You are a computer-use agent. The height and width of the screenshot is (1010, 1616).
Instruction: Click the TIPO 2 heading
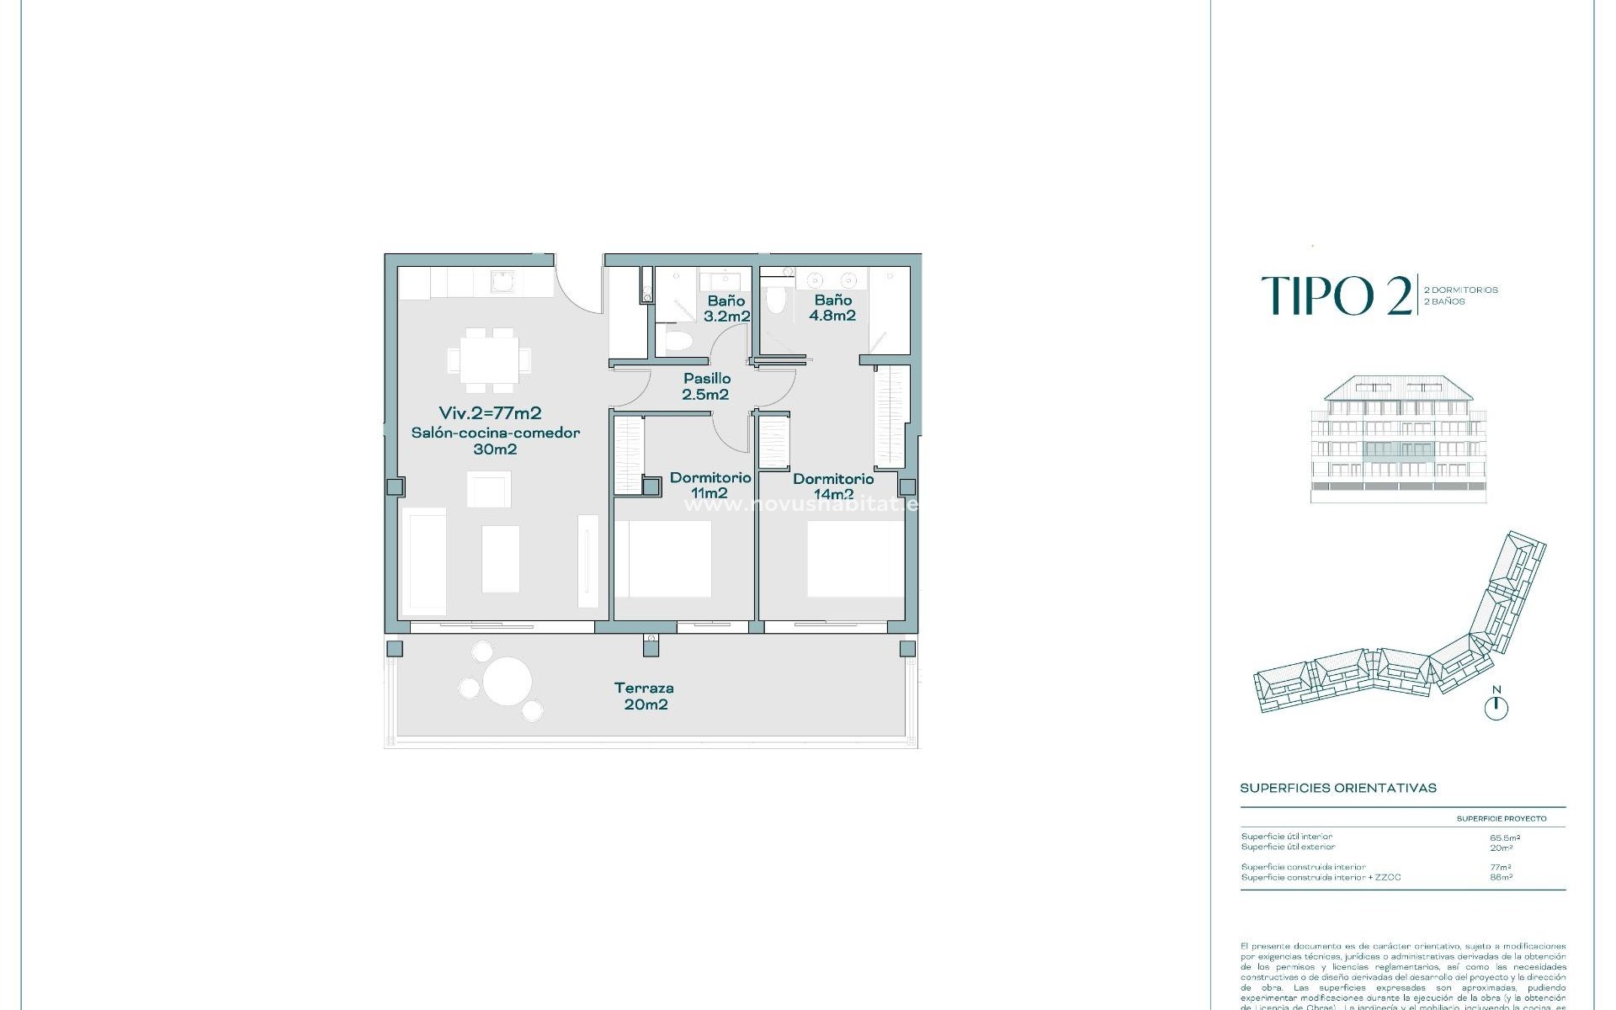pyautogui.click(x=1337, y=295)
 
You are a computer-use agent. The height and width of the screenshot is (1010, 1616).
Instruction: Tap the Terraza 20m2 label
pyautogui.click(x=645, y=696)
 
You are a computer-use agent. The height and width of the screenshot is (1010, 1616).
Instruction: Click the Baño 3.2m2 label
pyautogui.click(x=726, y=308)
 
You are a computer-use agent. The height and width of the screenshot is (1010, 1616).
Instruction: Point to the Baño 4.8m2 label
pyautogui.click(x=832, y=308)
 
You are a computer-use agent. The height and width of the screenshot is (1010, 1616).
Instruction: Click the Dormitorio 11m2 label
pyautogui.click(x=710, y=485)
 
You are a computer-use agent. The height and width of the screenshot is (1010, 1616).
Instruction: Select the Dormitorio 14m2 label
pyautogui.click(x=832, y=486)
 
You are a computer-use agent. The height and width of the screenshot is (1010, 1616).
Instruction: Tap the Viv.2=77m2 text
pyautogui.click(x=490, y=413)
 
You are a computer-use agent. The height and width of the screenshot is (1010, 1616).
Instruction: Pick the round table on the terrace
pyautogui.click(x=507, y=680)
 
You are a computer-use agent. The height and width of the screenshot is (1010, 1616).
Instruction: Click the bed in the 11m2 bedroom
pyautogui.click(x=663, y=559)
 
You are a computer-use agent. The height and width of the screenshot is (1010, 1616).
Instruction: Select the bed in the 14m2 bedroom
pyautogui.click(x=855, y=559)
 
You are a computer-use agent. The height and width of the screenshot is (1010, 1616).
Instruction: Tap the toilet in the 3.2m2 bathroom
pyautogui.click(x=678, y=340)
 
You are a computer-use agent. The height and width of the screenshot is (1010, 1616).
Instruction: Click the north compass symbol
pyautogui.click(x=1496, y=708)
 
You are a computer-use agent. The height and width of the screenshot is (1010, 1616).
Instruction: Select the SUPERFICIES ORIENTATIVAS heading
pyautogui.click(x=1338, y=788)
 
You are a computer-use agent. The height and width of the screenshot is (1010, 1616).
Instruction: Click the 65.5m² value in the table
pyautogui.click(x=1504, y=837)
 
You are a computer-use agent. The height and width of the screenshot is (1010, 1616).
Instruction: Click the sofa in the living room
pyautogui.click(x=424, y=561)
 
